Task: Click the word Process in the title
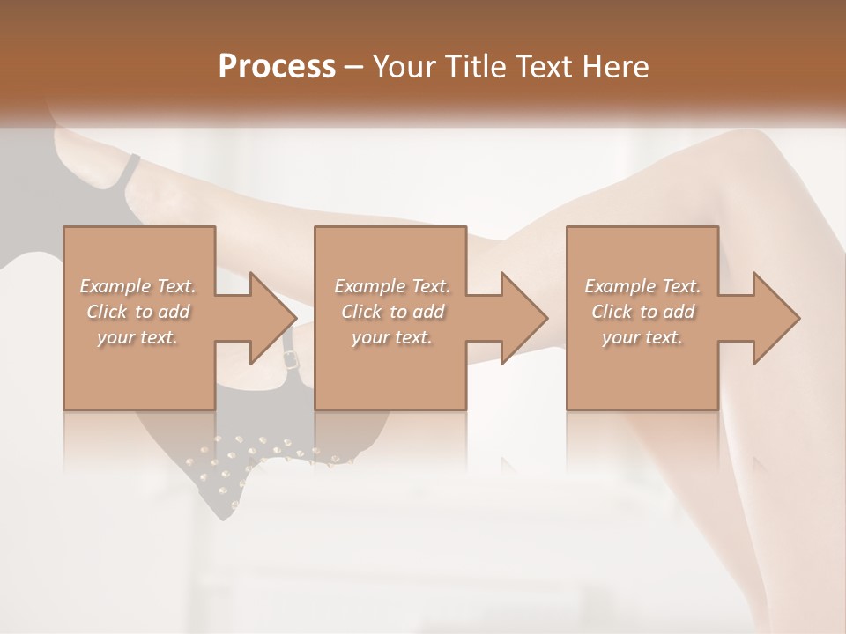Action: click(277, 66)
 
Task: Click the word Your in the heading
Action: click(404, 66)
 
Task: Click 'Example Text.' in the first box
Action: click(138, 285)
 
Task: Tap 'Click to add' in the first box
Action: click(138, 311)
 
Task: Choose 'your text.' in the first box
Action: click(138, 336)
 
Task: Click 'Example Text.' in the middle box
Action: click(391, 285)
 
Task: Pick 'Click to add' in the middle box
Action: click(391, 311)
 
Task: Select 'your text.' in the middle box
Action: click(391, 336)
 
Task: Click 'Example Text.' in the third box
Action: click(642, 285)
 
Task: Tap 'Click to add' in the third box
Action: click(642, 311)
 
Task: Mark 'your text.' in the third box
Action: click(642, 336)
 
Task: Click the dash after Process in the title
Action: click(354, 67)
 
